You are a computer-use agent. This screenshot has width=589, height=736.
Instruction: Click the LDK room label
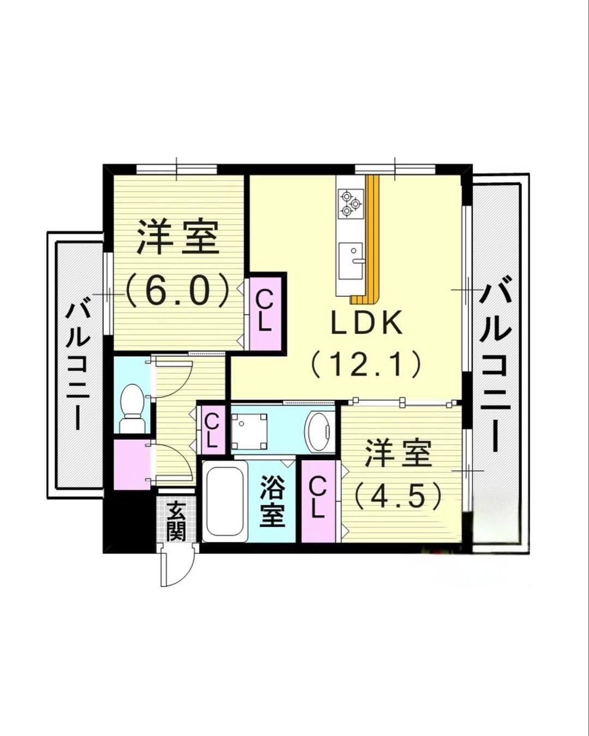coord(366,323)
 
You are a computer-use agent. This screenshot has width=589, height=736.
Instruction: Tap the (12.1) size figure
coord(366,364)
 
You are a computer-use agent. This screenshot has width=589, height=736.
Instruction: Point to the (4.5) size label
coord(397,496)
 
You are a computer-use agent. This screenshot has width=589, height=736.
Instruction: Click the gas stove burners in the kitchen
coord(349,202)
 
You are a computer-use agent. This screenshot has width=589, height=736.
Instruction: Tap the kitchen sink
coord(351,260)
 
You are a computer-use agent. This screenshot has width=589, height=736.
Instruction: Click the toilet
coord(131,407)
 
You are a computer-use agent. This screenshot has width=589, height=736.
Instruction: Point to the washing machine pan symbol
coord(249,429)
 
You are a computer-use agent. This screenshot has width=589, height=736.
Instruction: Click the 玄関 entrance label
coord(176,521)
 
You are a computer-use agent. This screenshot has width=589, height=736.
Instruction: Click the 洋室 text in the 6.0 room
coord(177,238)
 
